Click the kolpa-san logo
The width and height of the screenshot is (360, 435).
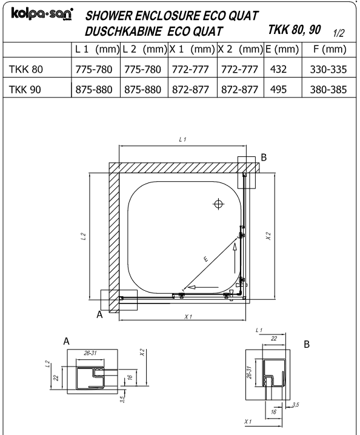coord(42,13)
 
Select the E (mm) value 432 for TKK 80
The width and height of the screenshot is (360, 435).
coord(278,69)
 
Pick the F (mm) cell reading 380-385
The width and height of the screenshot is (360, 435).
coord(328,90)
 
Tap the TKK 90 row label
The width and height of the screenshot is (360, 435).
coord(25,90)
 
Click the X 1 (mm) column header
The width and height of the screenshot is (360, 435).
coord(192,50)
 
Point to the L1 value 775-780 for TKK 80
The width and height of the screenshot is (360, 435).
coord(94,69)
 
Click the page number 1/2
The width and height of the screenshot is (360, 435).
coord(339,33)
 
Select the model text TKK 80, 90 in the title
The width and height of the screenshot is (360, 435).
coord(295,30)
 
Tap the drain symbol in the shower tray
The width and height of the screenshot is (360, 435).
coord(218,204)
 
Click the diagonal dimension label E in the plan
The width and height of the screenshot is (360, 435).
coord(205,259)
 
